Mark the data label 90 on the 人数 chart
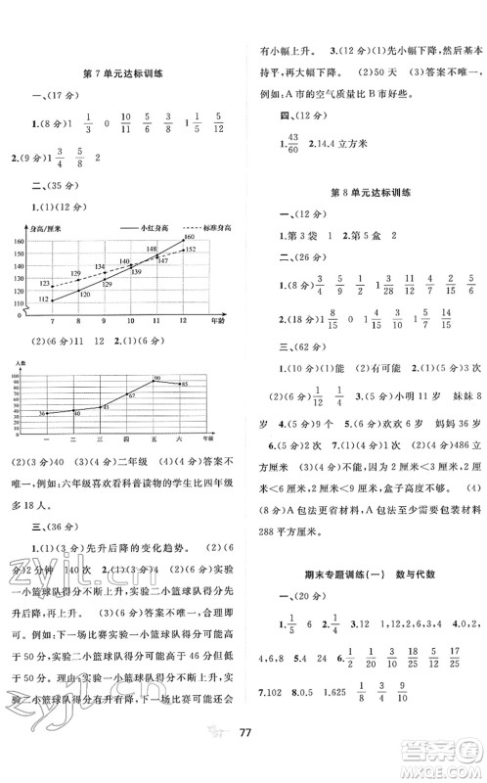click(155, 378)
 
